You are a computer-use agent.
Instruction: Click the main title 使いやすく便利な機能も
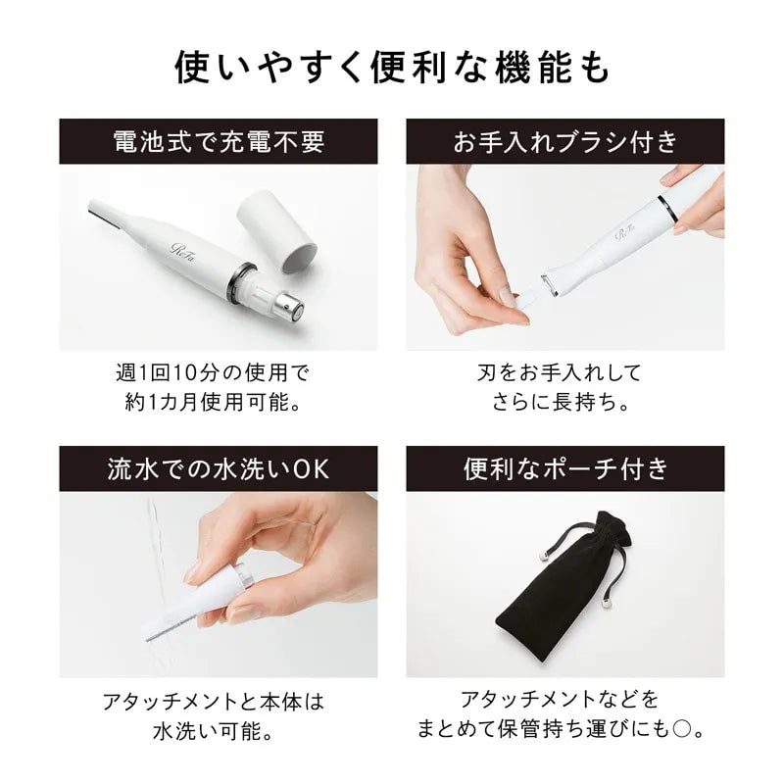click(x=392, y=67)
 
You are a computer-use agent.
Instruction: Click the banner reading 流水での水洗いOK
click(x=218, y=469)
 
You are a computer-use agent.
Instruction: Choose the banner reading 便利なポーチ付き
click(x=565, y=469)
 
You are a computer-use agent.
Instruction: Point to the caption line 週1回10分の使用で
click(x=218, y=373)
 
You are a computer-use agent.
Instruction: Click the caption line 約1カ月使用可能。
click(x=218, y=403)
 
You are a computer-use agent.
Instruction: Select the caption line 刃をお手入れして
click(x=565, y=373)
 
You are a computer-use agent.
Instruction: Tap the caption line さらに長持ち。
click(x=565, y=403)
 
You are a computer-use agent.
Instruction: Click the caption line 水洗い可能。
click(x=218, y=731)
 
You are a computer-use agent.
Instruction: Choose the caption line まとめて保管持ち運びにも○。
click(x=565, y=731)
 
